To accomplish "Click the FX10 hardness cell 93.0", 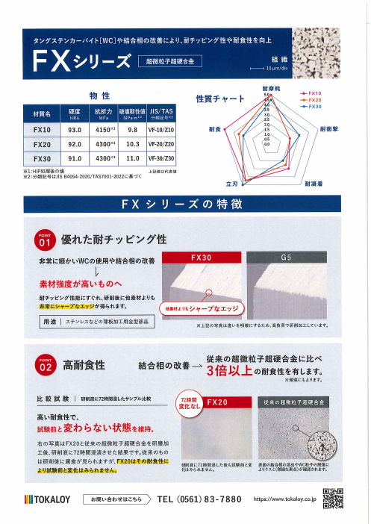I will pos(75,129).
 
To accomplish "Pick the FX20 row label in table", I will pos(43,144).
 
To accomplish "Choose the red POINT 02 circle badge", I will pos(46,365).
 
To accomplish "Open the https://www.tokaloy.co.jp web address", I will pos(287,499).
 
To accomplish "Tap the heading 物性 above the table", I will pos(99,96).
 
